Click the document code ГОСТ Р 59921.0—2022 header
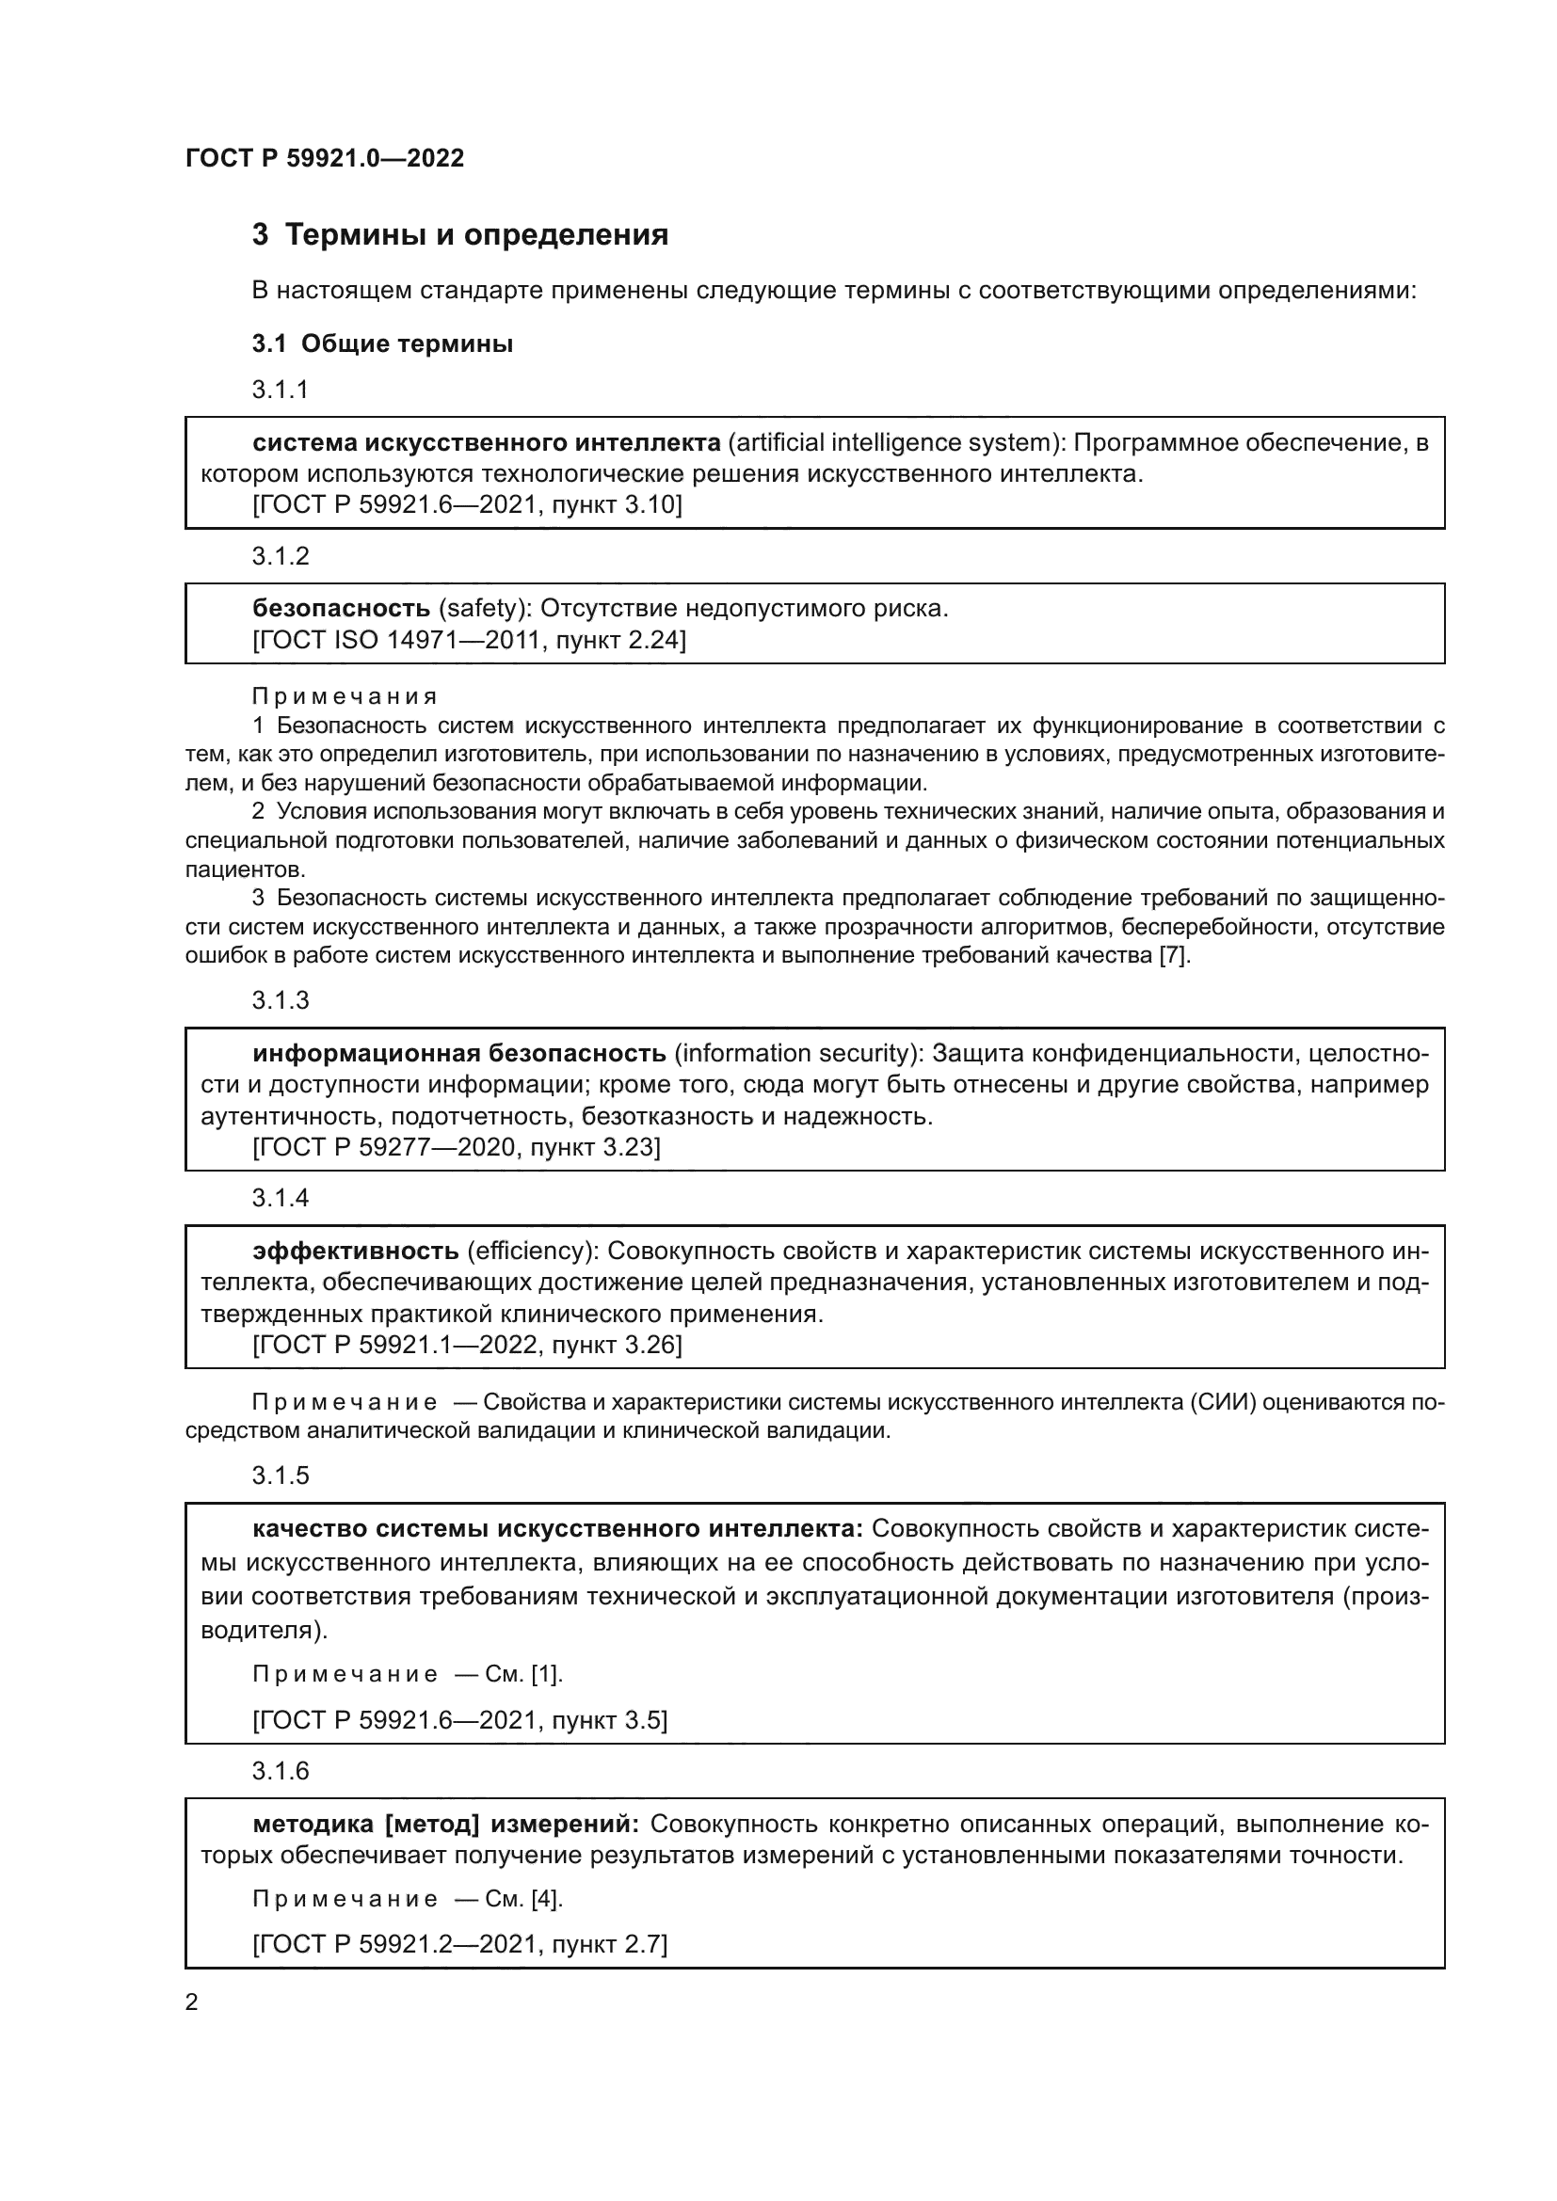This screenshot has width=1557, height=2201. (324, 158)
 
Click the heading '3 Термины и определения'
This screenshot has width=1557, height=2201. (459, 235)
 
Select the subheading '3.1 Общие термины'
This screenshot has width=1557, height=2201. (381, 344)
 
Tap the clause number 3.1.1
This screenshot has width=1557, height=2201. (280, 391)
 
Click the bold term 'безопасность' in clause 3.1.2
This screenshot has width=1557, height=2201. (342, 608)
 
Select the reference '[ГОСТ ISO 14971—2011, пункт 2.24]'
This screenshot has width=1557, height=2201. (469, 639)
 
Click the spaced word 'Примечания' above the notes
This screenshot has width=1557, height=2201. (345, 696)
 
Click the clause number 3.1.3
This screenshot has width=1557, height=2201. (280, 1001)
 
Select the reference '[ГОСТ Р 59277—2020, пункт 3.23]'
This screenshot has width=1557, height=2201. (457, 1146)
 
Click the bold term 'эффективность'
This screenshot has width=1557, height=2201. (356, 1251)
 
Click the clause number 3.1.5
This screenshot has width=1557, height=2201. (280, 1475)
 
